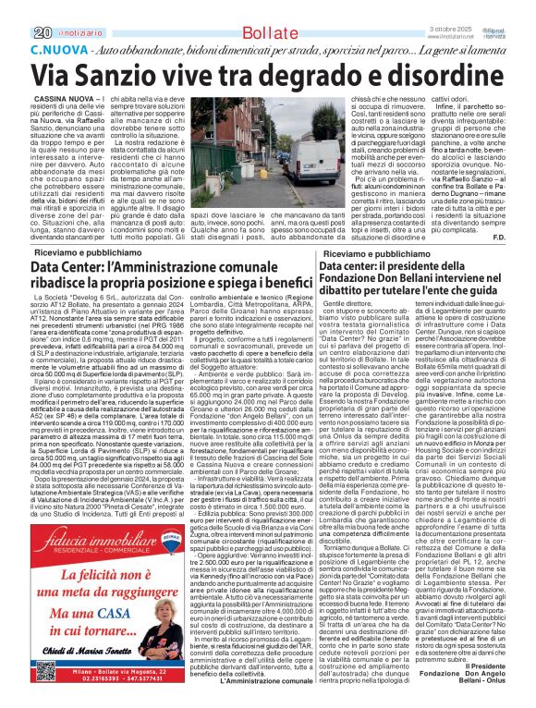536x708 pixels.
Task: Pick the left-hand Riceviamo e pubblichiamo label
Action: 76,251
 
